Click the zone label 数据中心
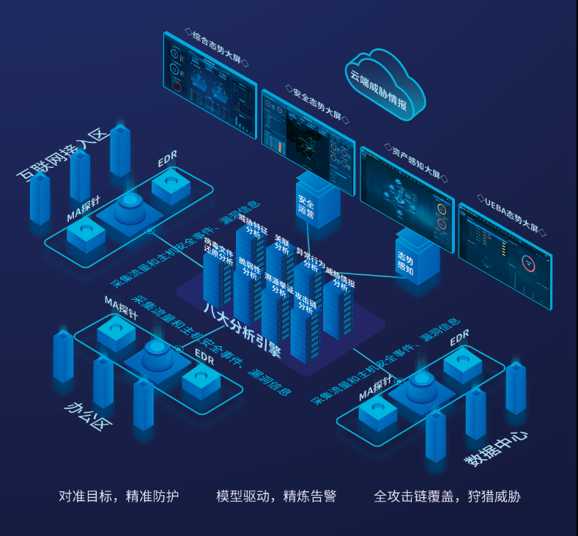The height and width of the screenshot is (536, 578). click(x=497, y=447)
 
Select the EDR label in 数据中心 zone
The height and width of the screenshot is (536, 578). click(x=459, y=339)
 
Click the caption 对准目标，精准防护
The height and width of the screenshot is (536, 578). click(x=119, y=496)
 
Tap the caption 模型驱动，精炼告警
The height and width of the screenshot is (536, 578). click(x=276, y=496)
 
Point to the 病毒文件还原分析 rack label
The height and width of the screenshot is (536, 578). click(x=218, y=252)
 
